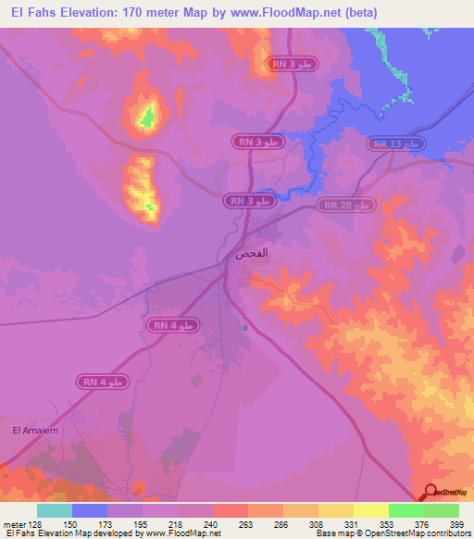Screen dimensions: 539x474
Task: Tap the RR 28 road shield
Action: [347, 204]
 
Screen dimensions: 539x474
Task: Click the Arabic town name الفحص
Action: [251, 253]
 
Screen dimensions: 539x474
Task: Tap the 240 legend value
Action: [213, 522]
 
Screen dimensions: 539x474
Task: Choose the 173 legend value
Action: [108, 522]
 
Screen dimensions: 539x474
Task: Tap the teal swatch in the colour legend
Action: [55, 510]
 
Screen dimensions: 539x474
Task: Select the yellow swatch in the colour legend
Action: [371, 510]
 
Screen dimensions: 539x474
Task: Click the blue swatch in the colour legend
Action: [90, 510]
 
